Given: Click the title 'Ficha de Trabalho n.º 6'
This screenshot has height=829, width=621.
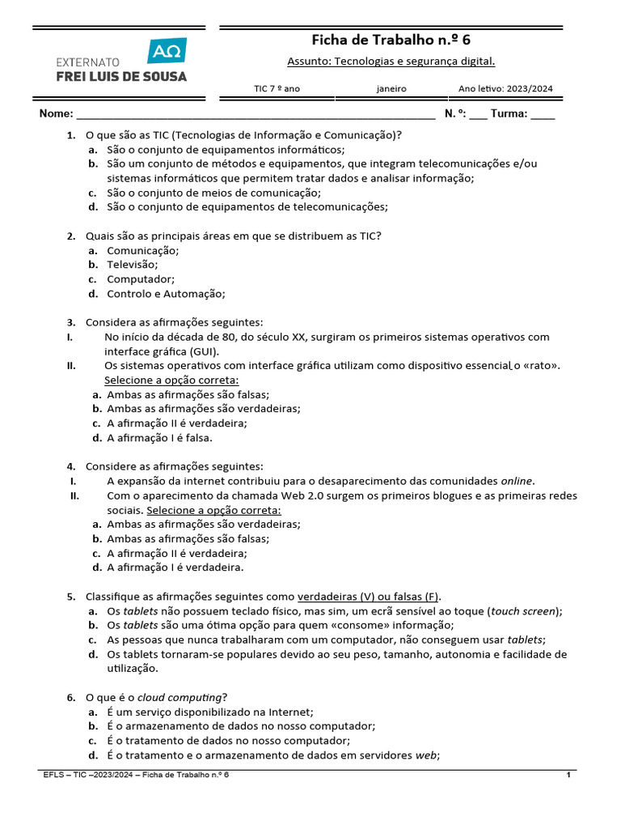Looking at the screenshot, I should pos(391,40).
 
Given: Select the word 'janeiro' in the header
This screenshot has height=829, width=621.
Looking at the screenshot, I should pos(391,89).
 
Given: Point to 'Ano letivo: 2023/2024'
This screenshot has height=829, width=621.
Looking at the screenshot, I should pos(505,89).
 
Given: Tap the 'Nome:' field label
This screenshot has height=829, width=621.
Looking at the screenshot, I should pos(57,114).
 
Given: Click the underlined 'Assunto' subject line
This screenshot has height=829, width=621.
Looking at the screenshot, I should pos(391,62).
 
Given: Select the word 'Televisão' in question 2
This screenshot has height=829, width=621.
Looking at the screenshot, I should pos(133,264).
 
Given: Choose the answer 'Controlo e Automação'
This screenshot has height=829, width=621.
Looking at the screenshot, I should pos(166,294).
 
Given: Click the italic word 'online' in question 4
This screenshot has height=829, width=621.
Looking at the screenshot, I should pos(517,481).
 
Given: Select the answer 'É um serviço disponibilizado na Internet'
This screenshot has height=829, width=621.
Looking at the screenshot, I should pos(209,712).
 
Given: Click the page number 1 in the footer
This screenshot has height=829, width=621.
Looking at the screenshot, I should pos(569,776).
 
